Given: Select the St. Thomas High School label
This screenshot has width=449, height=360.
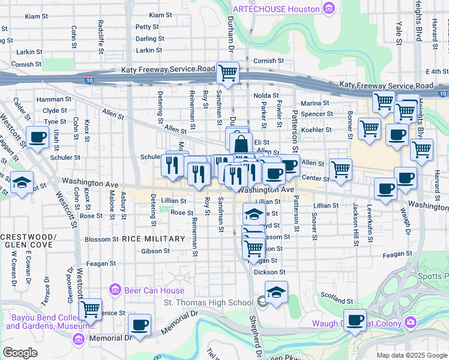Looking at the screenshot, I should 208,302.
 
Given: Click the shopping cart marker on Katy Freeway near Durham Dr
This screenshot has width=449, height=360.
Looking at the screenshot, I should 228,73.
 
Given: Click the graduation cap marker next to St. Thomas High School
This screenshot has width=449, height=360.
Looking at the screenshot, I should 276,292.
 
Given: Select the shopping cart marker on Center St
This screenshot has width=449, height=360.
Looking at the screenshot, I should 341,169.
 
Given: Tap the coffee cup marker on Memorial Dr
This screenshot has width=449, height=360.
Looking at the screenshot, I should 140,325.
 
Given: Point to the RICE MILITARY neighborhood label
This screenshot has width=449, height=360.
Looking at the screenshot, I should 153,239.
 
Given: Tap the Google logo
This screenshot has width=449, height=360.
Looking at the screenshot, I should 20,352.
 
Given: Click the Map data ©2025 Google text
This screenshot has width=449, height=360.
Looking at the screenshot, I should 411,355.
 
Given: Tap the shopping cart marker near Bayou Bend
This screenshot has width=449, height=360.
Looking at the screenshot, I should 90,310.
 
